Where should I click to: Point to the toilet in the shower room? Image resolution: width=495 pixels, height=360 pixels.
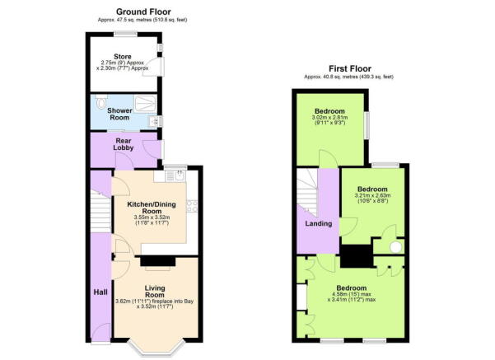click(100, 102)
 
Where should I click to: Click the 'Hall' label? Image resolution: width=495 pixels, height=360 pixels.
click(101, 292)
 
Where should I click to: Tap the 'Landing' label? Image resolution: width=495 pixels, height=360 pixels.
click(318, 223)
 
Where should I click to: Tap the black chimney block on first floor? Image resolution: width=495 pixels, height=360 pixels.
click(356, 257)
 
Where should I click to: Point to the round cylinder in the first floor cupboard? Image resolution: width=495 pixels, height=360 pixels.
click(394, 245)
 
